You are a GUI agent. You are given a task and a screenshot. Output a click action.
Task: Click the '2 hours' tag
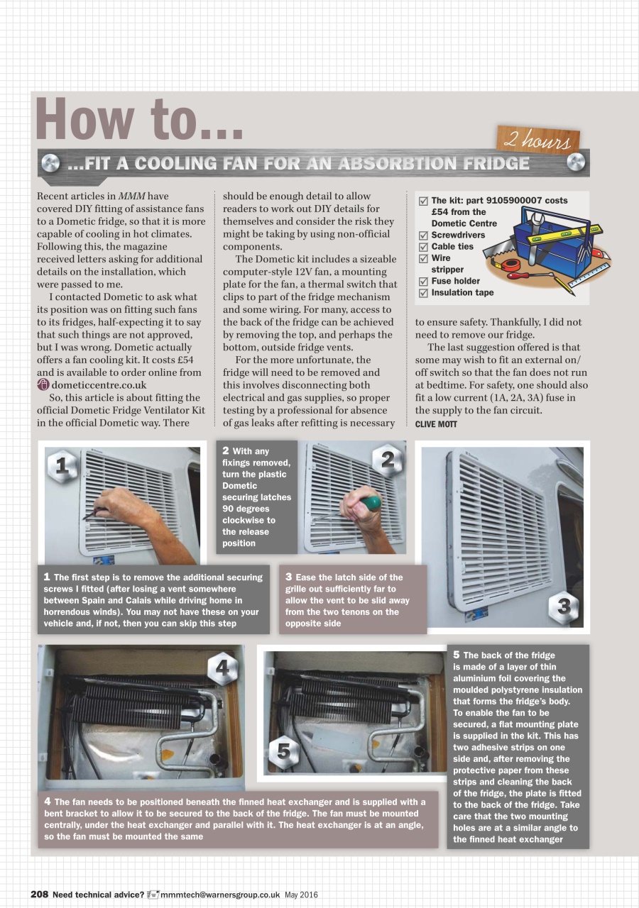tap(538, 140)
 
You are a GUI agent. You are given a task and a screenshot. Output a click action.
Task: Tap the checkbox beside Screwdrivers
tap(424, 236)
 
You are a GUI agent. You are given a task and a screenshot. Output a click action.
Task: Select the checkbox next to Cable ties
tap(424, 247)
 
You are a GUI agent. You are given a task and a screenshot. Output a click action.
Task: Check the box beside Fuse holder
tap(424, 282)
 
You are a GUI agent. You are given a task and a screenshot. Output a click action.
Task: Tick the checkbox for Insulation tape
tap(424, 293)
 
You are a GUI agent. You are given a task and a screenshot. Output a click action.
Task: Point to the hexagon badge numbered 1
tap(62, 466)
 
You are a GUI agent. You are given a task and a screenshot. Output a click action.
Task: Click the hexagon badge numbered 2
tap(387, 460)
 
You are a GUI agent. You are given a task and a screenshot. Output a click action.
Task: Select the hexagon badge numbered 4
tap(223, 668)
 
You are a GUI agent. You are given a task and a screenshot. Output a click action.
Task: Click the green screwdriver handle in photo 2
tap(370, 504)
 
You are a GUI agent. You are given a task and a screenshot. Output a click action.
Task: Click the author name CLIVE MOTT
tap(436, 424)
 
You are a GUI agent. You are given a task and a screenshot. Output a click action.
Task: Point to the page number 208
tap(39, 894)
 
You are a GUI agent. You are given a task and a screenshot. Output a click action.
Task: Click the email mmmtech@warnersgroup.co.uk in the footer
tap(220, 894)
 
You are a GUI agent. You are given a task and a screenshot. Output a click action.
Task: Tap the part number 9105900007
tap(509, 201)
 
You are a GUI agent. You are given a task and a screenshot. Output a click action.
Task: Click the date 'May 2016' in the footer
tap(301, 894)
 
